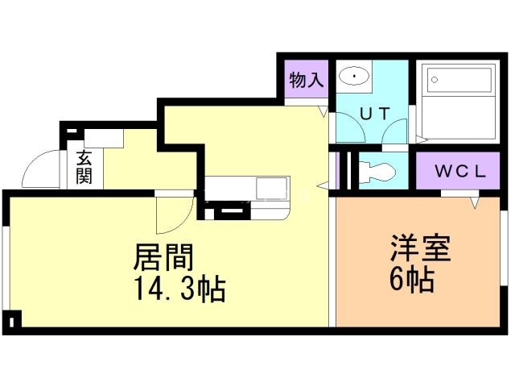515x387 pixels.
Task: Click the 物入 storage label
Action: [306, 80]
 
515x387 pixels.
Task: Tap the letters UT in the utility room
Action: [374, 114]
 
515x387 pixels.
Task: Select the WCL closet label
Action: [459, 171]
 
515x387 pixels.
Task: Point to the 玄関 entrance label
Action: [84, 166]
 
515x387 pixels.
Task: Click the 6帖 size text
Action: [413, 281]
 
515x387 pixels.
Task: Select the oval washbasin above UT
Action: [354, 77]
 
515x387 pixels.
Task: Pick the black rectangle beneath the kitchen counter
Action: [229, 212]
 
